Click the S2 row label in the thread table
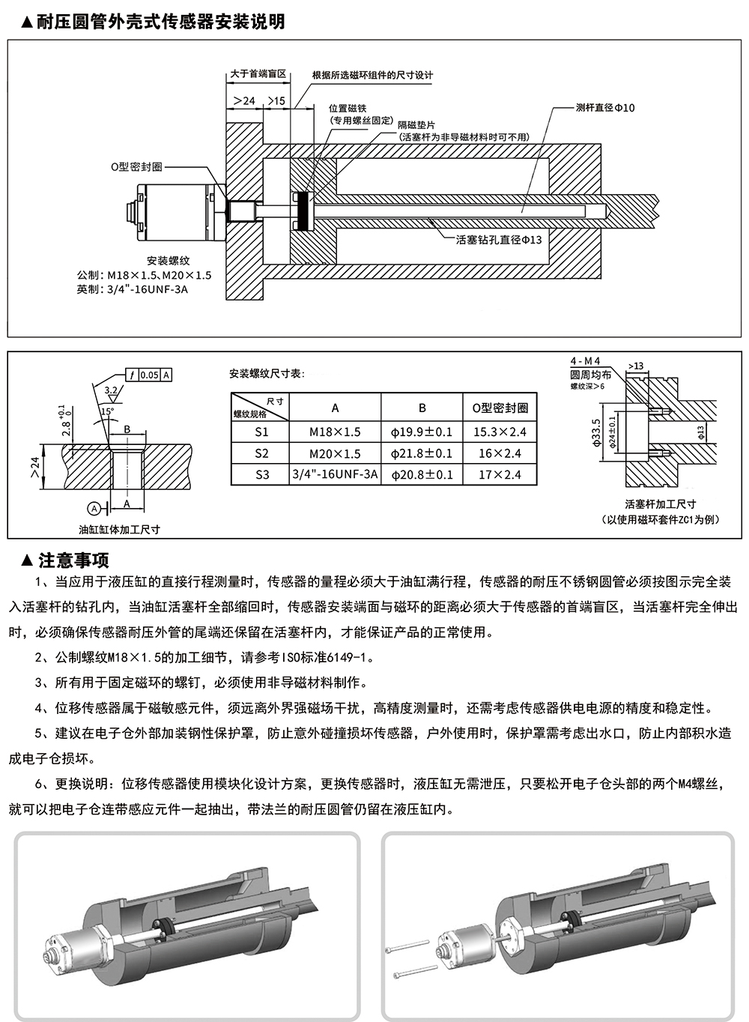262,453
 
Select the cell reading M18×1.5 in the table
335,432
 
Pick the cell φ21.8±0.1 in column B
422,453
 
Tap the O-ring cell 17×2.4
500,474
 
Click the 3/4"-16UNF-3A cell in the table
335,474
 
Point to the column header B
422,408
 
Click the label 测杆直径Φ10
605,108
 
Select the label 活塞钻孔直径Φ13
499,240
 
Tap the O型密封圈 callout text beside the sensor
136,166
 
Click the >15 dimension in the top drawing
276,100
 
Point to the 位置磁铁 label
348,108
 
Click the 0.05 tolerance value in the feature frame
149,375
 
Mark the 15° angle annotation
107,411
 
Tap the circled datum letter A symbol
94,508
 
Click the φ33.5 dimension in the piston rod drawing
595,432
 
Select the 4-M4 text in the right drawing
585,361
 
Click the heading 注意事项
74,560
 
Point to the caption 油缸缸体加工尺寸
120,530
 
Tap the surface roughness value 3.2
111,390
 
